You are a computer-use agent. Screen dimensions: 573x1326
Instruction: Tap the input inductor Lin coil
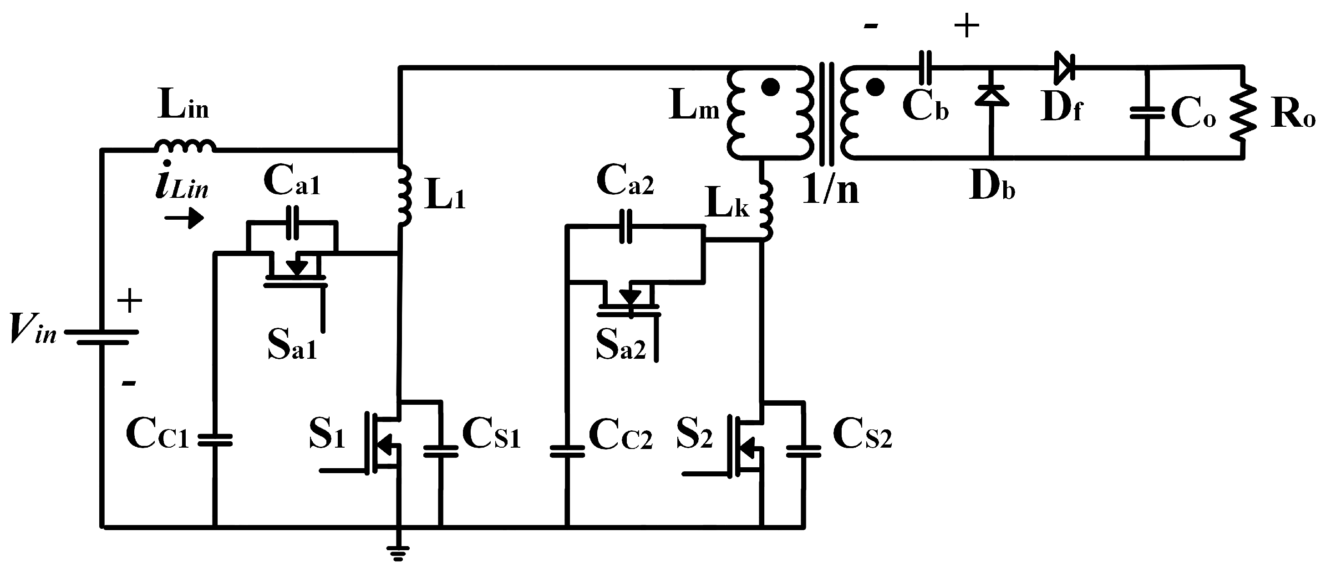(185, 146)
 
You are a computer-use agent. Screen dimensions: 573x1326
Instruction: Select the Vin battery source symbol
(102, 337)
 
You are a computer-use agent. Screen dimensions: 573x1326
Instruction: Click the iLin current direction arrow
(184, 218)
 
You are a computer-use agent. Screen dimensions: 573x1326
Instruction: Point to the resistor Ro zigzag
(1244, 112)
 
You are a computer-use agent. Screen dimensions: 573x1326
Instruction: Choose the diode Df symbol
(1063, 67)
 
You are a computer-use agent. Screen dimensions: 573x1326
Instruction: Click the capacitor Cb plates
(925, 67)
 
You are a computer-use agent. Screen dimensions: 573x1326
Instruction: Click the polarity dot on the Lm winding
(770, 88)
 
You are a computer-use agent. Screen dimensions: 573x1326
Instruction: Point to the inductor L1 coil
(405, 196)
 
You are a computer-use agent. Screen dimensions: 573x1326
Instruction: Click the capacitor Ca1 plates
(292, 222)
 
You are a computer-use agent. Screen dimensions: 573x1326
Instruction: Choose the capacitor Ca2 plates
(625, 226)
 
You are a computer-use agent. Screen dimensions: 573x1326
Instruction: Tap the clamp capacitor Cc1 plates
(215, 439)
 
